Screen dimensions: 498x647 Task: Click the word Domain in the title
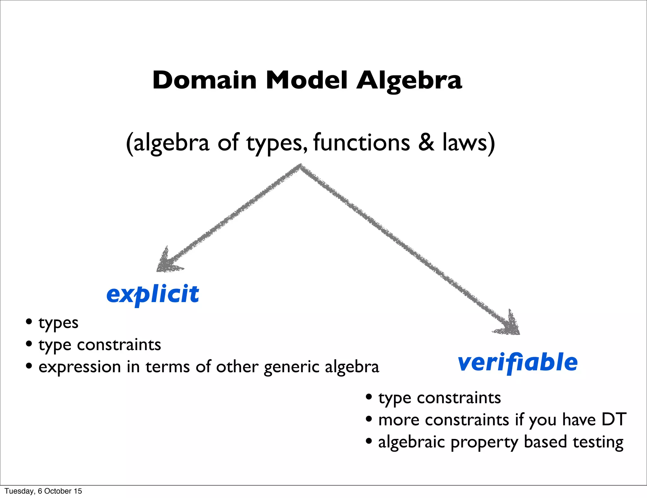click(204, 80)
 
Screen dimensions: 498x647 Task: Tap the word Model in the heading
click(306, 80)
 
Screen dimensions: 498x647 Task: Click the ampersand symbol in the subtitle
click(426, 143)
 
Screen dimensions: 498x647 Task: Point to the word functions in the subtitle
click(361, 143)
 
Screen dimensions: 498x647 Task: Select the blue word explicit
click(153, 294)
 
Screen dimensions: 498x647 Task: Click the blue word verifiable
click(517, 362)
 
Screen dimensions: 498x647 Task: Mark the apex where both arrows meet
click(300, 166)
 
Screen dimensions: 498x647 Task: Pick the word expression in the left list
click(80, 367)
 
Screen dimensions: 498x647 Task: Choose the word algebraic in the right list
click(412, 442)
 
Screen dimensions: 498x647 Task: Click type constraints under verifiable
click(439, 398)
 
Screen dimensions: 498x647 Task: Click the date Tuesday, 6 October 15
click(43, 491)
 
